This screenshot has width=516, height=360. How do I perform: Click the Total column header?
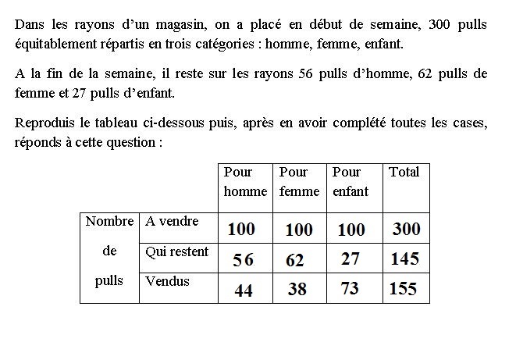[404, 172]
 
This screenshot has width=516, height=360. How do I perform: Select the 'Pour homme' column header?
[245, 181]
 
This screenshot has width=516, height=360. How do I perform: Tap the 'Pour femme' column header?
[299, 181]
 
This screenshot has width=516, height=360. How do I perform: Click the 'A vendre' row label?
[173, 221]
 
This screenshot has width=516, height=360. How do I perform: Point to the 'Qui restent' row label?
[177, 251]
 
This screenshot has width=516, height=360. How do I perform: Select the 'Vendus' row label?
[168, 280]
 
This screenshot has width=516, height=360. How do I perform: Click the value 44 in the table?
[244, 290]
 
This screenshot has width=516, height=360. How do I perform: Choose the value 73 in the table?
[350, 289]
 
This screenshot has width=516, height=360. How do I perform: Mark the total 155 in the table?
[403, 289]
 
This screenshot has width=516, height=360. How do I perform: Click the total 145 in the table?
[405, 259]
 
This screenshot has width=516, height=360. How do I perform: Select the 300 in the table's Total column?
[406, 229]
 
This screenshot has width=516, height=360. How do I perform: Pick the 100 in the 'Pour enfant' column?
[351, 230]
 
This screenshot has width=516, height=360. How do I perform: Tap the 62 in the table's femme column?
[294, 260]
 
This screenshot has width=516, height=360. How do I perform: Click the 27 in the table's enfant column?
[351, 259]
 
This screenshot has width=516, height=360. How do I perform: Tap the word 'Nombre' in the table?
[110, 221]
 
